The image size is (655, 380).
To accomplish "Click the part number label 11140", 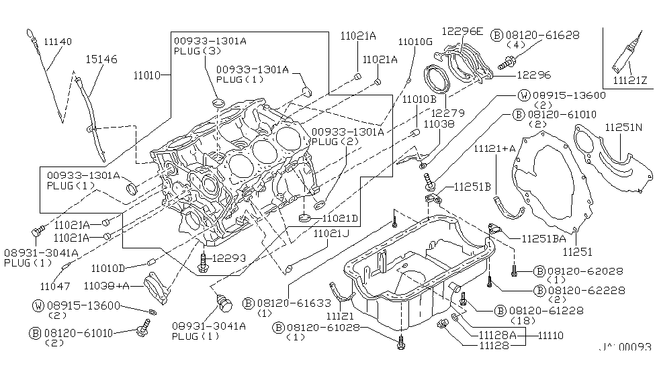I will (x=57, y=42).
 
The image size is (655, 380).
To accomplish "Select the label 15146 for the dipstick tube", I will (x=101, y=60).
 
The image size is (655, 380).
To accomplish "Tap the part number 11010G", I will (x=415, y=42).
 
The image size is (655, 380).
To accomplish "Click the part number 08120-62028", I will (x=587, y=271).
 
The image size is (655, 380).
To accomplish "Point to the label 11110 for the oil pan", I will (x=550, y=334).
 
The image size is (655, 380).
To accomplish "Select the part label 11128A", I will (x=497, y=334).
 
